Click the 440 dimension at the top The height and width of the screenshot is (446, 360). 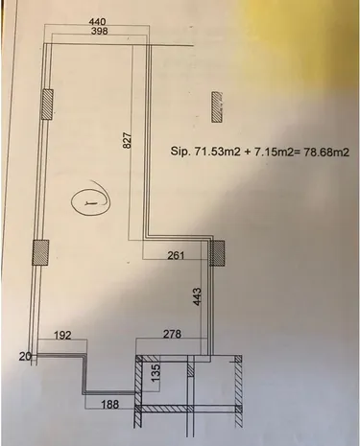(x=97, y=22)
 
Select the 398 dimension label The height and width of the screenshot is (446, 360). (x=99, y=31)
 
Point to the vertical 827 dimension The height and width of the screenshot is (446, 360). (x=128, y=140)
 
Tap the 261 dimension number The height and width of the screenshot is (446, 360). (x=176, y=255)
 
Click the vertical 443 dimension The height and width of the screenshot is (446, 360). (x=198, y=296)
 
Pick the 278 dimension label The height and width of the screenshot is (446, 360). (x=172, y=334)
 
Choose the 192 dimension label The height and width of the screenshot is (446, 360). (x=62, y=335)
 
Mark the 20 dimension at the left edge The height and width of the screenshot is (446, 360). (x=25, y=356)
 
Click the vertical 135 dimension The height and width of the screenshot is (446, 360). (x=155, y=372)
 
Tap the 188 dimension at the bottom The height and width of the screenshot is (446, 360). (x=110, y=405)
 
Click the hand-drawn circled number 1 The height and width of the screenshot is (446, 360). (x=91, y=201)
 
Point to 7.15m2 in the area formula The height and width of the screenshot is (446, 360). (x=274, y=152)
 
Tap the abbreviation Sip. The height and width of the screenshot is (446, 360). (x=180, y=152)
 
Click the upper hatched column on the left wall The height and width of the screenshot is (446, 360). (x=47, y=105)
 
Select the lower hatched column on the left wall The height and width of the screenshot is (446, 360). (x=41, y=252)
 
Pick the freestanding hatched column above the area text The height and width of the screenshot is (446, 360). (x=217, y=106)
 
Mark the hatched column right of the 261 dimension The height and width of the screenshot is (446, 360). (x=217, y=253)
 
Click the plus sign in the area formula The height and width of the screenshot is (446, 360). (x=248, y=152)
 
